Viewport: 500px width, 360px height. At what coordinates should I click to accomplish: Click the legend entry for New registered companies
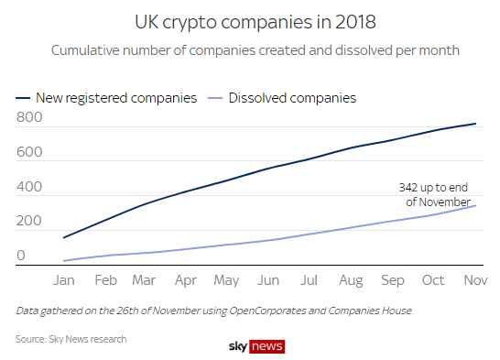(x=106, y=97)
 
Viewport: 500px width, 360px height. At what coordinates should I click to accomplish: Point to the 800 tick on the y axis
(x=29, y=117)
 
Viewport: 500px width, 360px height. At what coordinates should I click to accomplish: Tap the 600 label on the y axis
(x=29, y=152)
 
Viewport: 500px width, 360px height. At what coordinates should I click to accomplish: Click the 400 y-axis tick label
(x=29, y=187)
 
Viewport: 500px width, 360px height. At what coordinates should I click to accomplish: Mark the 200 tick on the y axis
(x=29, y=222)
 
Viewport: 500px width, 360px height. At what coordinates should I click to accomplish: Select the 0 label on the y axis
(x=22, y=256)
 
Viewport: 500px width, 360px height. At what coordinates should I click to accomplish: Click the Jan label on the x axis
(x=64, y=281)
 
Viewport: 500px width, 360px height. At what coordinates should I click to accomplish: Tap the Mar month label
(x=144, y=281)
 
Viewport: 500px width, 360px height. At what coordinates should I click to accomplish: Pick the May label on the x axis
(x=226, y=281)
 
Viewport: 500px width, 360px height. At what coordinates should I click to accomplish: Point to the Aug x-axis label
(x=352, y=281)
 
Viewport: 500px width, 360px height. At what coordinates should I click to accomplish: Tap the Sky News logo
(x=256, y=346)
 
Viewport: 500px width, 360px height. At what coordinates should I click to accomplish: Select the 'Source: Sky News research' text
(x=71, y=339)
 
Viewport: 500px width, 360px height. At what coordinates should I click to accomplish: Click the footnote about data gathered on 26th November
(x=214, y=311)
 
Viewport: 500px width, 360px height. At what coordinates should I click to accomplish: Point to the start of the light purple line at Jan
(x=64, y=261)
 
